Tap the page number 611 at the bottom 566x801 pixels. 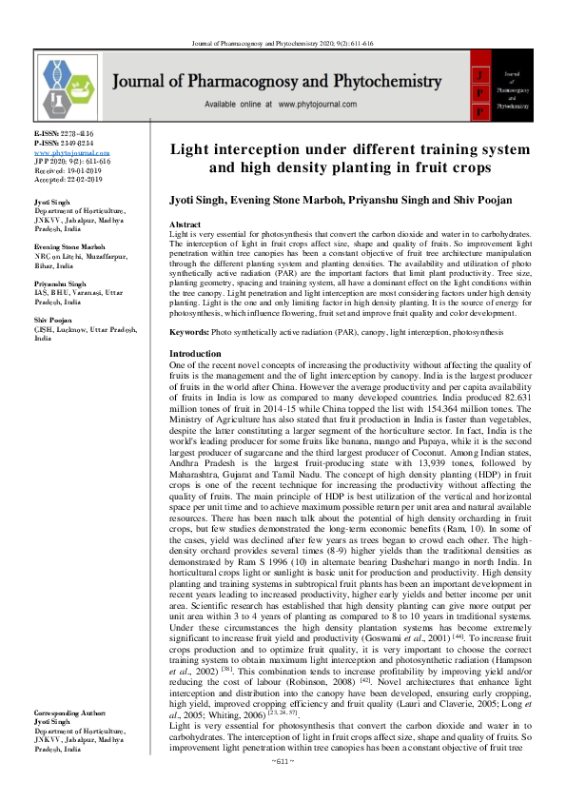[283, 789]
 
